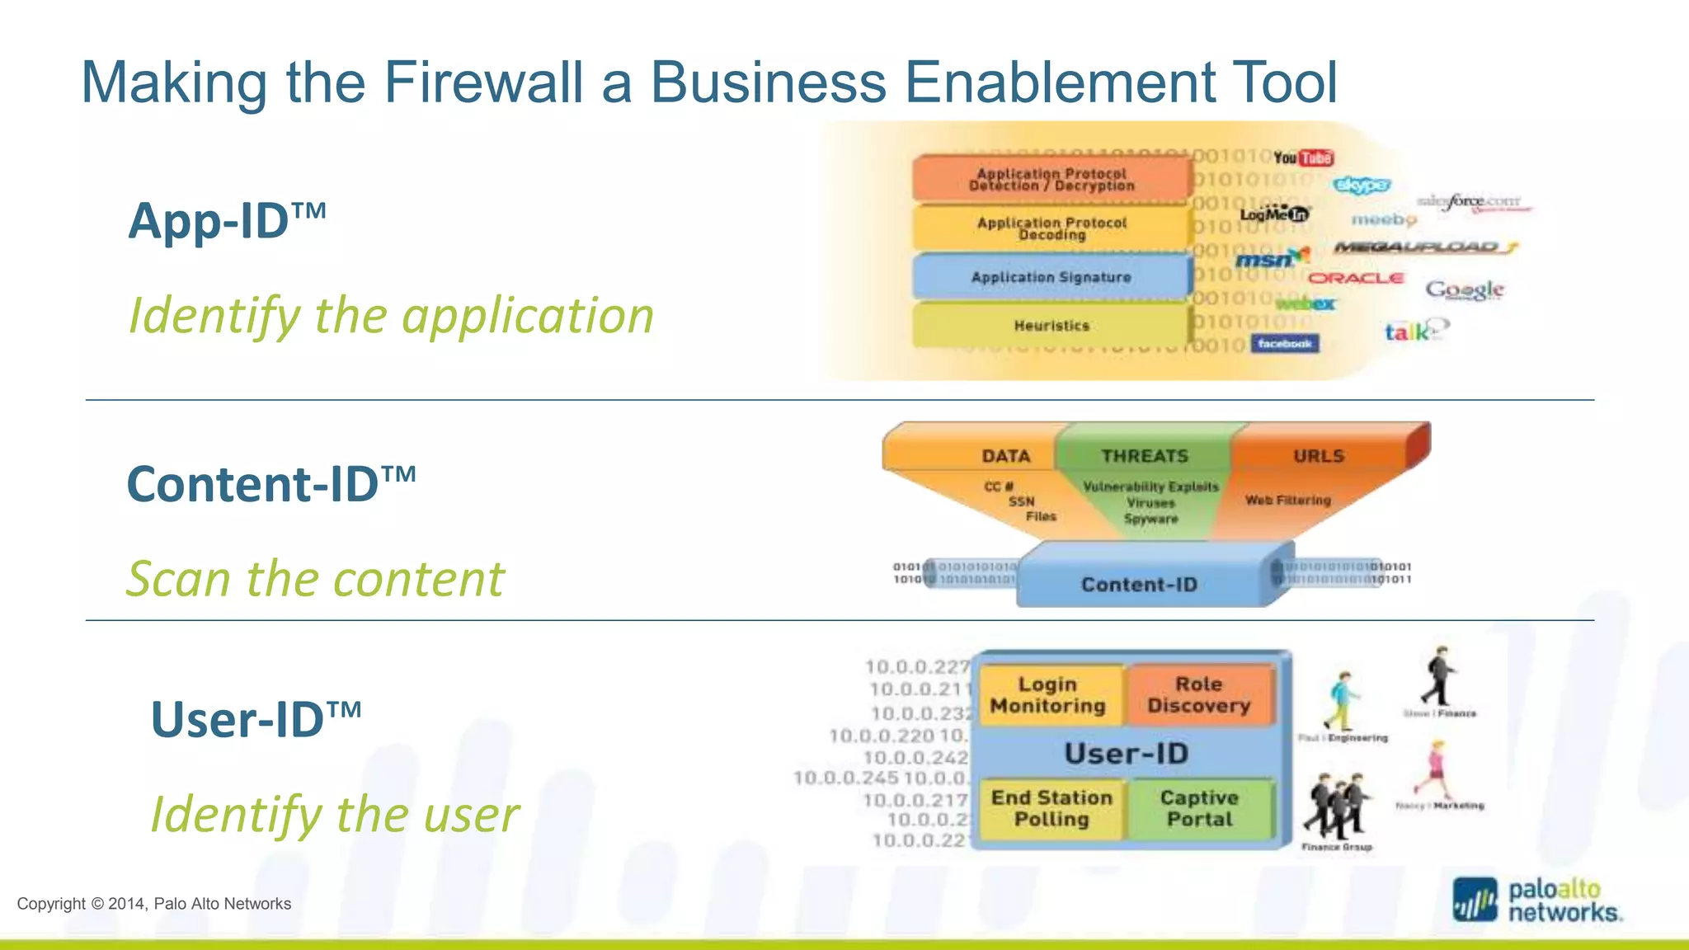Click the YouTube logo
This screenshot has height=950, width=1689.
(x=1303, y=158)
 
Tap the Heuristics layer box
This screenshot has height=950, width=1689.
(x=1052, y=326)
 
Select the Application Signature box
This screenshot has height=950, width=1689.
(x=1052, y=277)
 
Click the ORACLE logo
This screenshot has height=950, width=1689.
(x=1356, y=278)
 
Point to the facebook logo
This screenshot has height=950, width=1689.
(x=1284, y=344)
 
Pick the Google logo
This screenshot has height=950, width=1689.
(x=1465, y=289)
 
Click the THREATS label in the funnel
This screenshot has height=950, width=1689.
(x=1145, y=456)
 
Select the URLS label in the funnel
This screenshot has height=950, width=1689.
(x=1318, y=456)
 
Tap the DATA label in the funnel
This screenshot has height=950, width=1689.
(x=1005, y=456)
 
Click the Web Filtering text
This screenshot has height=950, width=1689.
(x=1287, y=501)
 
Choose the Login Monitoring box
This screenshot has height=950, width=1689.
(x=1047, y=695)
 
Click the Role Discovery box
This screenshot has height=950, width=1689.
(x=1199, y=695)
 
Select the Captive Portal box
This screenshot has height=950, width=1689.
(x=1199, y=809)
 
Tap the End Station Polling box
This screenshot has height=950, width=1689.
(x=1052, y=809)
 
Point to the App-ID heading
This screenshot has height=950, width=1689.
(x=227, y=221)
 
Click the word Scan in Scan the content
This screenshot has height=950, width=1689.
(x=178, y=578)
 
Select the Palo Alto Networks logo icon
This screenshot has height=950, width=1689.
(x=1475, y=901)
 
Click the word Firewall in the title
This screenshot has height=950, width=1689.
(x=483, y=82)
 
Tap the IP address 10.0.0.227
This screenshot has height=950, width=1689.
(x=917, y=666)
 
